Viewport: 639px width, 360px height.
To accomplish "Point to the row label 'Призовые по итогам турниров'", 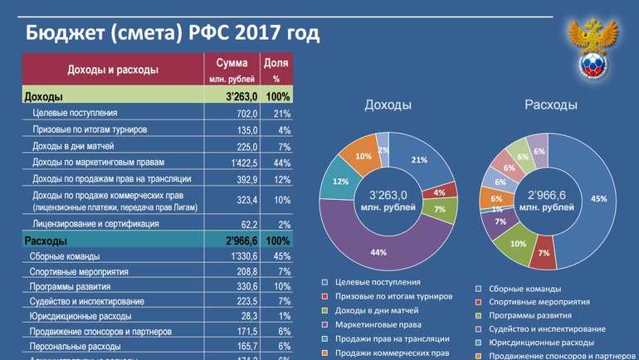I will pyautogui.click(x=90, y=129).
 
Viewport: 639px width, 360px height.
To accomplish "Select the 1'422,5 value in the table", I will pyautogui.click(x=242, y=163).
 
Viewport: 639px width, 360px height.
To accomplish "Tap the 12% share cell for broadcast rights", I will pyautogui.click(x=281, y=178).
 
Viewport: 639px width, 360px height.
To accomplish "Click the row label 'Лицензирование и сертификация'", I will pyautogui.click(x=96, y=224).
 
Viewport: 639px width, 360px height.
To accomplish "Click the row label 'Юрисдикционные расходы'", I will pyautogui.click(x=81, y=316).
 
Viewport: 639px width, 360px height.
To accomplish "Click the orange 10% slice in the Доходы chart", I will pyautogui.click(x=363, y=158).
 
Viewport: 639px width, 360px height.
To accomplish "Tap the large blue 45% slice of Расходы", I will pyautogui.click(x=593, y=199).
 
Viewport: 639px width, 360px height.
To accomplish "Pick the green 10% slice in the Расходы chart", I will pyautogui.click(x=517, y=243).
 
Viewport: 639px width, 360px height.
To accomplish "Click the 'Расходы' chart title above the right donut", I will pyautogui.click(x=550, y=105).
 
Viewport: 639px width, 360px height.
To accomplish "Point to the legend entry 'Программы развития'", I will pyautogui.click(x=529, y=315).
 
